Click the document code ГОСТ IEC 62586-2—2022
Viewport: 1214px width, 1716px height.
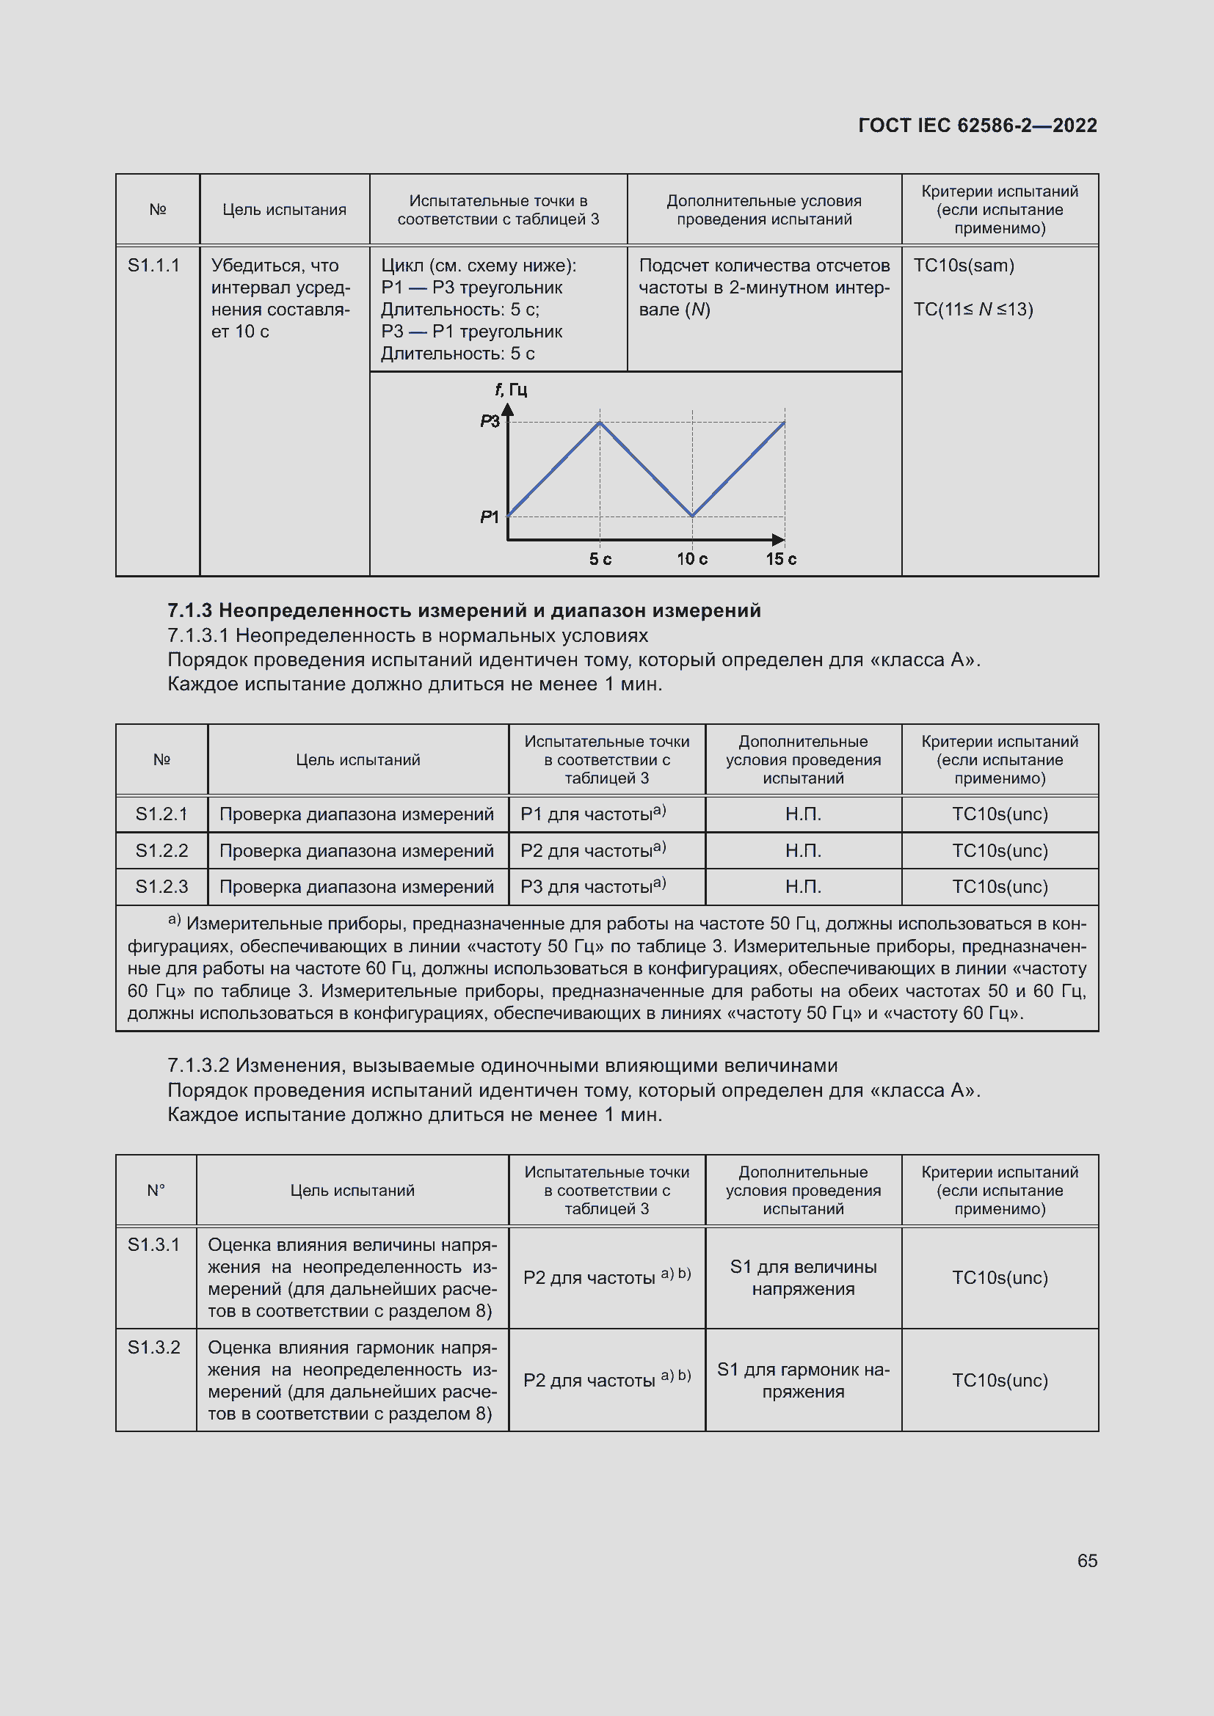[977, 125]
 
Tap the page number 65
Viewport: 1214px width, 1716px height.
[1087, 1560]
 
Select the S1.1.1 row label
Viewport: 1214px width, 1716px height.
[154, 266]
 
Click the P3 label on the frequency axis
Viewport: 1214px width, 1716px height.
[490, 422]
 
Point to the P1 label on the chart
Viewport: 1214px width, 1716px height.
[490, 516]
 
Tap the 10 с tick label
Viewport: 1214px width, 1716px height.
[692, 559]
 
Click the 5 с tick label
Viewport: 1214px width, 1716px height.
[600, 559]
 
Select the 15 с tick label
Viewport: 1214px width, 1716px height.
[781, 559]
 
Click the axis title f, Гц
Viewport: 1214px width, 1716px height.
[512, 390]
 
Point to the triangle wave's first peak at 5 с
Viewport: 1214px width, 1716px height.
[600, 423]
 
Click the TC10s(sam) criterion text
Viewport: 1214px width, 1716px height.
[964, 266]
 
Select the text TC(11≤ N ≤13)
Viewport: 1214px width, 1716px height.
[973, 310]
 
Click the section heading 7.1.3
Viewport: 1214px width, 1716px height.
[463, 610]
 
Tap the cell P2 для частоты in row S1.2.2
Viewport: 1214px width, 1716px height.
[593, 850]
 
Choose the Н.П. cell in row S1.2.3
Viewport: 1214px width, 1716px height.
[803, 886]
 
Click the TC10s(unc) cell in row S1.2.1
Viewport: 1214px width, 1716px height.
[1000, 814]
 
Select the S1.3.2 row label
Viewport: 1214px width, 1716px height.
[154, 1347]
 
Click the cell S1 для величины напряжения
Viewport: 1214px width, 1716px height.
[803, 1277]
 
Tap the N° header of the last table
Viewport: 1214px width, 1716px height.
[156, 1190]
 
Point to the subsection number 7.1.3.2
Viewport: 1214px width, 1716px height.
[198, 1065]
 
